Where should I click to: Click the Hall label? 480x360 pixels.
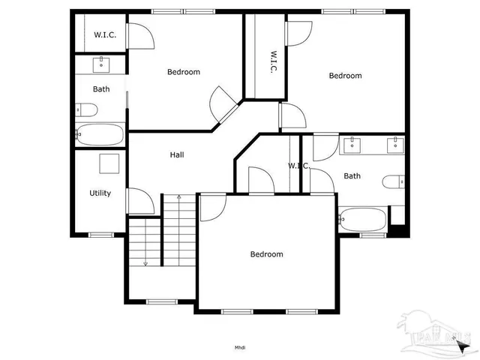[x=177, y=154]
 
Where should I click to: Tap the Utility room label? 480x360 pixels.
[x=100, y=193]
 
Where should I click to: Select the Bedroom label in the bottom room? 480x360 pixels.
[x=266, y=254]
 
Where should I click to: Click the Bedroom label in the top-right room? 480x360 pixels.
[x=345, y=76]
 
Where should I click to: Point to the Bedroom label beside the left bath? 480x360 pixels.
[x=183, y=72]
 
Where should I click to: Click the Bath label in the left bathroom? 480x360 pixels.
[x=101, y=89]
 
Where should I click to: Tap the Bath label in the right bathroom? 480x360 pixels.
[x=352, y=176]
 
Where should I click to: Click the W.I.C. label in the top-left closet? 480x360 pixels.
[x=104, y=35]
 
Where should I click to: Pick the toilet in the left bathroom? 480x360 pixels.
[x=86, y=111]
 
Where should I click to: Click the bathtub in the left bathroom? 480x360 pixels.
[x=100, y=135]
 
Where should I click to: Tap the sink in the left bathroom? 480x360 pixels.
[x=101, y=64]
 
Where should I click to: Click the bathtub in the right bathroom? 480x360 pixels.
[x=363, y=220]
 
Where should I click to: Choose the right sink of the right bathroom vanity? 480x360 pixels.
[x=393, y=144]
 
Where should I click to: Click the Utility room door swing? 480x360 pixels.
[x=139, y=200]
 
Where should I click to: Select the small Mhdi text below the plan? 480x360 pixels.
[x=240, y=346]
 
